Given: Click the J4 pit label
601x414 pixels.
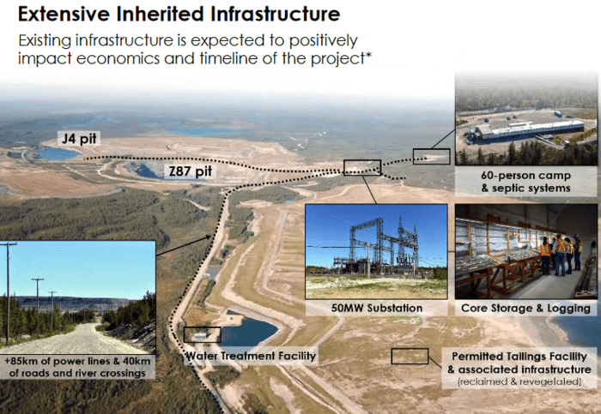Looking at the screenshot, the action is [x=79, y=138].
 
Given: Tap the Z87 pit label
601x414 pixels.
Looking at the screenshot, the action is [x=191, y=171].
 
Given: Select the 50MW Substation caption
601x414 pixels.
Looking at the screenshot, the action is [x=376, y=308].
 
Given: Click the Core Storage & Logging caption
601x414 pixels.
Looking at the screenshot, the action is [x=525, y=308].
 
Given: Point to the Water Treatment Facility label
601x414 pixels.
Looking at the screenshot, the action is [x=251, y=356].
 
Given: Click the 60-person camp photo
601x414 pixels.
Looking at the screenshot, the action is [x=525, y=118].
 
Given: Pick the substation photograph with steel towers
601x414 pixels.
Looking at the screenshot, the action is [x=376, y=251].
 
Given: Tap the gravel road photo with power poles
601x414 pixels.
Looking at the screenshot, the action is [x=78, y=297].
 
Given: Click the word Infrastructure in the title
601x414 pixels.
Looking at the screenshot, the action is [x=275, y=15].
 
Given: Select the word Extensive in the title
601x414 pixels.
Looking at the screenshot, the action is [x=64, y=15].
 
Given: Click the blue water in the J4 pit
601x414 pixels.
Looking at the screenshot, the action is [x=58, y=153].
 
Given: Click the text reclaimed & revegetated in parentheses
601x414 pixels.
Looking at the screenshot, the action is [x=519, y=381].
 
